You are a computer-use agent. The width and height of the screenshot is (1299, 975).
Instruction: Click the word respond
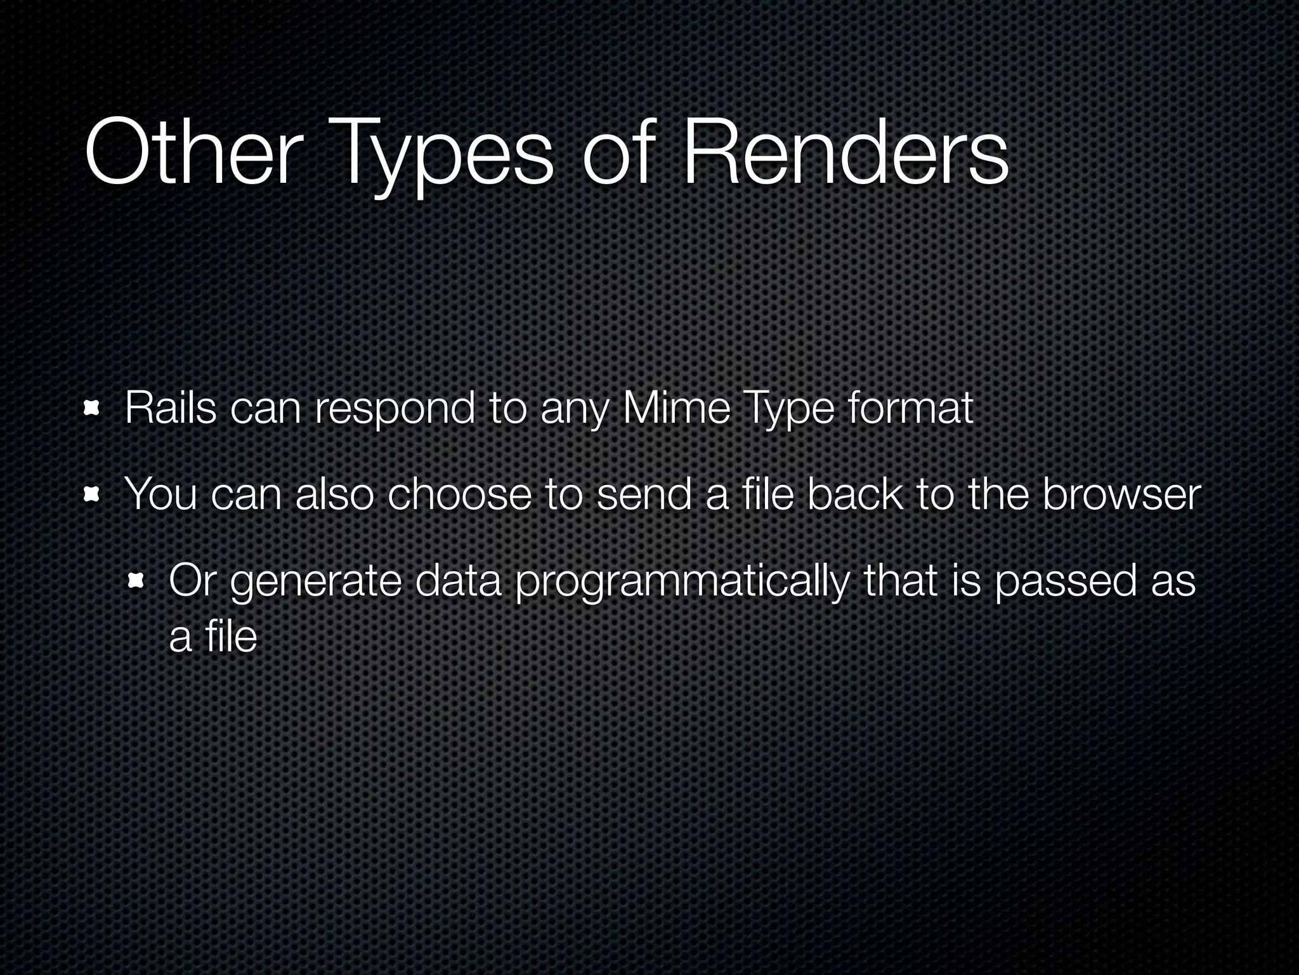(x=395, y=411)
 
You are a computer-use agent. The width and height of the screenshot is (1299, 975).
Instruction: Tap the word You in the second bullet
(x=161, y=494)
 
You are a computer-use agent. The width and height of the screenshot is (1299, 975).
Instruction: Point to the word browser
(x=1121, y=494)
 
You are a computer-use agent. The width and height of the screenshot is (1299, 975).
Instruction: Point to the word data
(x=457, y=581)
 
